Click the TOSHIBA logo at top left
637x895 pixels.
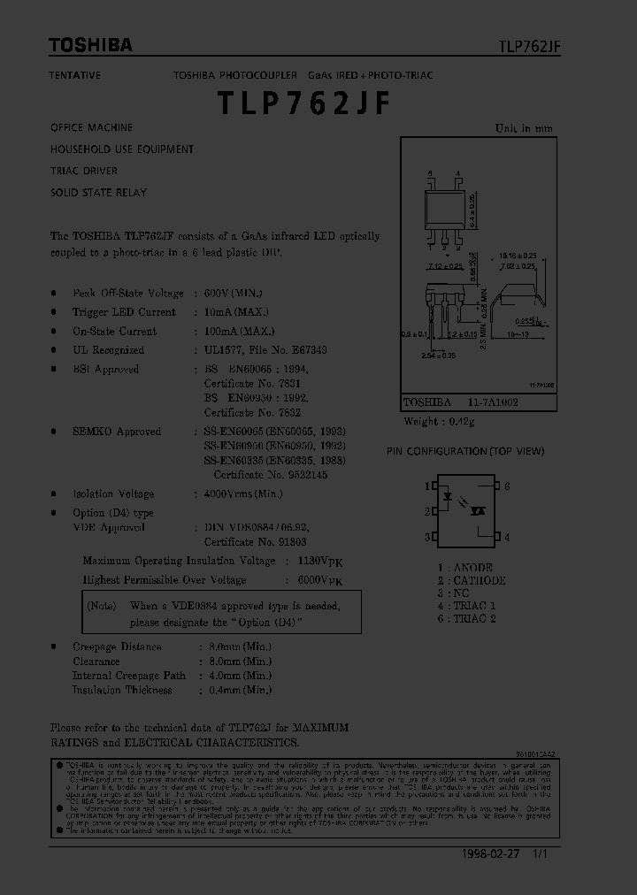[x=90, y=45]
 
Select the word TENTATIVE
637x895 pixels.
[x=75, y=75]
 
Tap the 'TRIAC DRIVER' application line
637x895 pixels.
[x=84, y=171]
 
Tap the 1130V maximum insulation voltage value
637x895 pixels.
[x=314, y=561]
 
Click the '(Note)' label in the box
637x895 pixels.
[x=102, y=606]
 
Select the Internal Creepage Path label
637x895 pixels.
[x=129, y=676]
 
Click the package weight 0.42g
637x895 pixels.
[x=460, y=423]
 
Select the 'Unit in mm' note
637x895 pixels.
[x=524, y=128]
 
